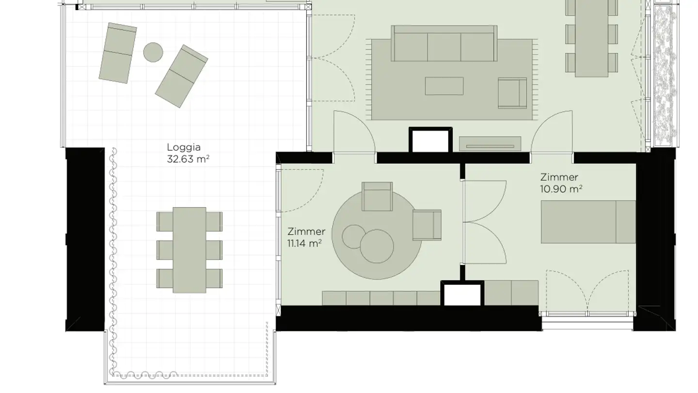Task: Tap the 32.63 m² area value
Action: click(188, 159)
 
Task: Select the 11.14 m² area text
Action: click(304, 243)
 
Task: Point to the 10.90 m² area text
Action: click(561, 189)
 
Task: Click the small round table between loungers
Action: click(153, 52)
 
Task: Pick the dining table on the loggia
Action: click(190, 250)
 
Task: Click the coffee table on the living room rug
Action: click(444, 86)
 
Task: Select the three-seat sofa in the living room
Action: click(444, 43)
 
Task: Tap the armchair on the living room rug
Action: click(512, 93)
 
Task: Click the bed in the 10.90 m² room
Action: click(588, 222)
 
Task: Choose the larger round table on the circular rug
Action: click(377, 246)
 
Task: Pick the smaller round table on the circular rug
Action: click(354, 236)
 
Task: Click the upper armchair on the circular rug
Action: click(377, 196)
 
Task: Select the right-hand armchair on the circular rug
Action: click(427, 225)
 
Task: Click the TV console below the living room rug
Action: click(490, 144)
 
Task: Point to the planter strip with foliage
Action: click(665, 75)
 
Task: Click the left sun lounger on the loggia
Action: click(118, 53)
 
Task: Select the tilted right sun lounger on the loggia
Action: click(181, 77)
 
